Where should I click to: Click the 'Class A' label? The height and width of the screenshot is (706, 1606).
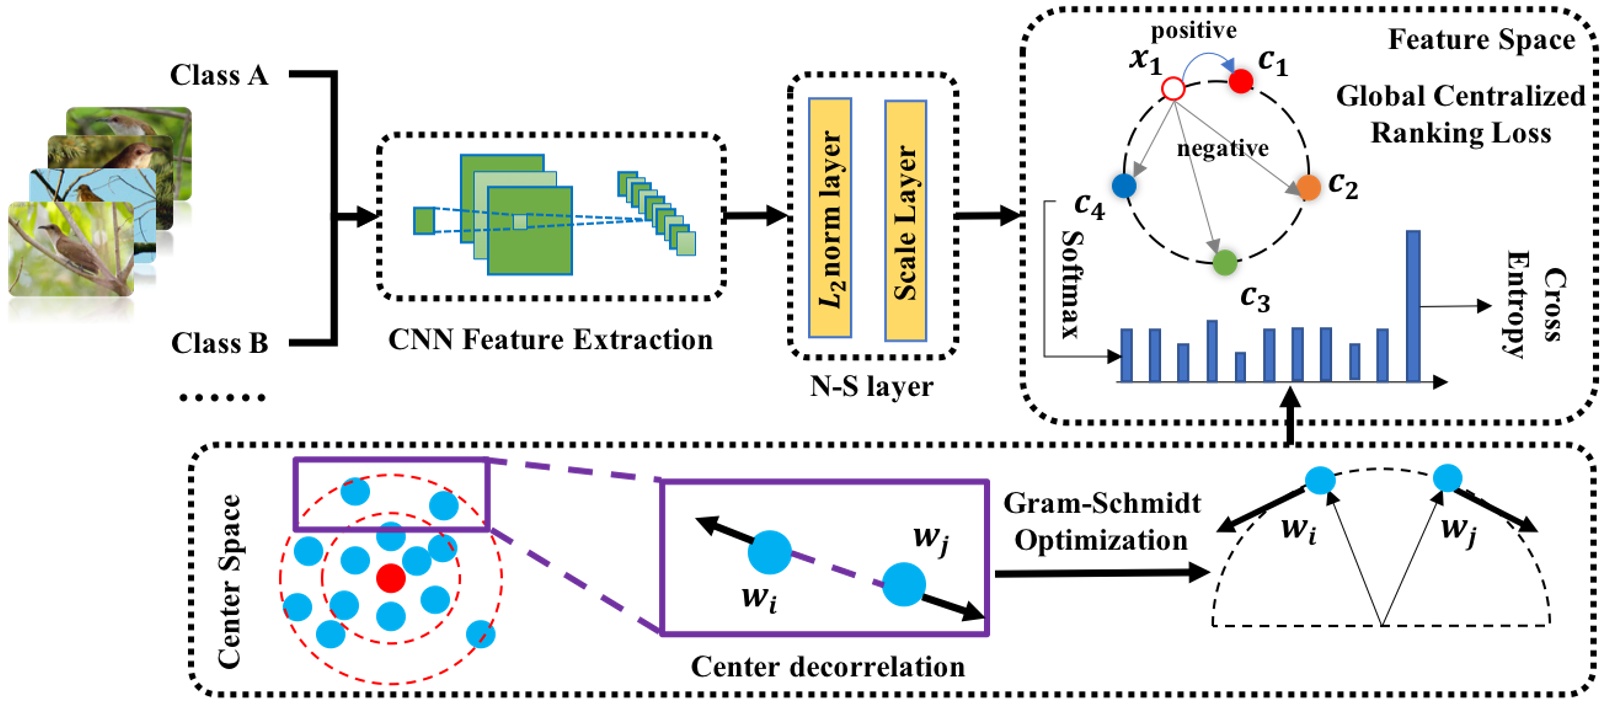coord(219,75)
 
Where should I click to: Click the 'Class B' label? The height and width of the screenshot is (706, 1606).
coord(219,343)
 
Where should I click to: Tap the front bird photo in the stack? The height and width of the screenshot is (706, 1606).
coord(70,250)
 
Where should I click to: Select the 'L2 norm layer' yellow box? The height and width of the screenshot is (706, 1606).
coord(830,218)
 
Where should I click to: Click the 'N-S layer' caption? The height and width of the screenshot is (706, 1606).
coord(871,386)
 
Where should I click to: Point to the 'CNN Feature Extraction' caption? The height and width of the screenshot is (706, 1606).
coord(550,340)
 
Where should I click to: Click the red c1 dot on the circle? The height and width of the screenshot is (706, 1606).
coord(1240,81)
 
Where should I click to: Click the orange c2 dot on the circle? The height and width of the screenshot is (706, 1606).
coord(1308,187)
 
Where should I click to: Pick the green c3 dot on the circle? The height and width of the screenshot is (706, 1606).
coord(1224,263)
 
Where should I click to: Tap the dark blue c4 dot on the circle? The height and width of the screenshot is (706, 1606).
coord(1124,186)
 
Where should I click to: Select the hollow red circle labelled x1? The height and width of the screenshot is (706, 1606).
coord(1173,90)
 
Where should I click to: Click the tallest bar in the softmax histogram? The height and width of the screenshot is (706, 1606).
coord(1412,306)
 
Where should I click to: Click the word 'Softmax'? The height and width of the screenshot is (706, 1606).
coord(1071,284)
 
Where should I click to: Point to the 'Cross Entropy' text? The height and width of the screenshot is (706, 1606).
coord(1535,304)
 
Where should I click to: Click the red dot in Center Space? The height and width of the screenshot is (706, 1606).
coord(390,577)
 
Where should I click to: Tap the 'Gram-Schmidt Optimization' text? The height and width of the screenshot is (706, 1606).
coord(1101,521)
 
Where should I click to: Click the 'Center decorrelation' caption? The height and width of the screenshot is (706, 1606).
coord(827,666)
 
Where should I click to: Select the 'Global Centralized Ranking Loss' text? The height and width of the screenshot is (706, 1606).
coord(1460,114)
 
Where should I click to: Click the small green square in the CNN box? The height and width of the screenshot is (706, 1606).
coord(424,220)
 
